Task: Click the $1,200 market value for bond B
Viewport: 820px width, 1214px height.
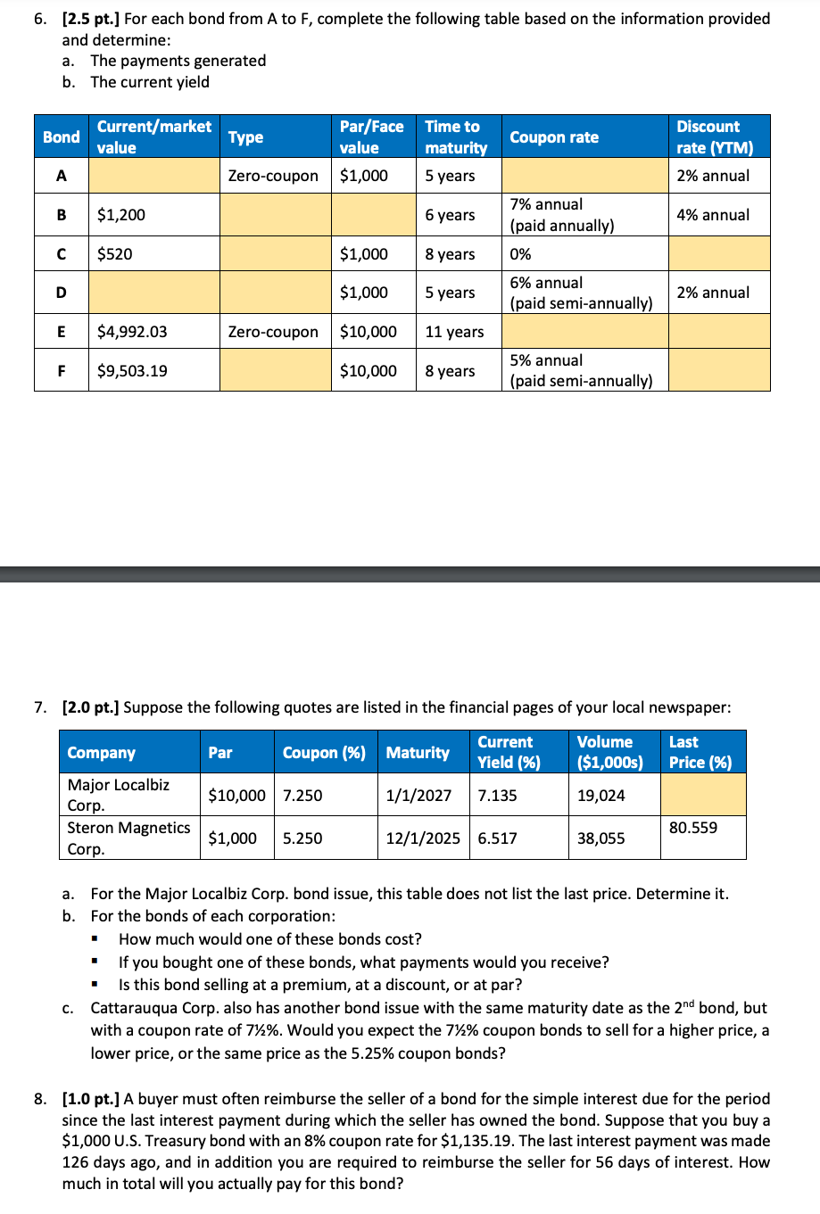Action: point(121,215)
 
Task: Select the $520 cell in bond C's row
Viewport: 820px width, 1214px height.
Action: point(115,254)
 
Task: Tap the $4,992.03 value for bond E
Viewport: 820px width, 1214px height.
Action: point(132,332)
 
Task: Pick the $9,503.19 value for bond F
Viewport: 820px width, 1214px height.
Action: point(132,371)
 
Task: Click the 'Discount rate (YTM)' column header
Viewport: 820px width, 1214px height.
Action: point(715,137)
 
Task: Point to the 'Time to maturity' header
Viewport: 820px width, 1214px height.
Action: point(456,137)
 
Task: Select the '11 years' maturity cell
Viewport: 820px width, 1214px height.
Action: point(454,332)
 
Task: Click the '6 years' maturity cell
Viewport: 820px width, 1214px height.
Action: point(450,215)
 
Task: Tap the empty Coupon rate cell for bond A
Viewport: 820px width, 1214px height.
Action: point(584,176)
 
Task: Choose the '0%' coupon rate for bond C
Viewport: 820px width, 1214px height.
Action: point(520,254)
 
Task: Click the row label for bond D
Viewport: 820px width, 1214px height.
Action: point(61,293)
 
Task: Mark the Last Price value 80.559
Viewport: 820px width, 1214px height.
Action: point(693,828)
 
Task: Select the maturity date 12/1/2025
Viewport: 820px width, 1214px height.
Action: point(423,838)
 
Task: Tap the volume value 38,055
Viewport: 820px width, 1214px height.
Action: point(601,838)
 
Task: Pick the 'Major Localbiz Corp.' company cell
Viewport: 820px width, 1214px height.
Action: point(119,795)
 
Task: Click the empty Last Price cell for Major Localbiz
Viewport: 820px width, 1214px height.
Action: point(702,795)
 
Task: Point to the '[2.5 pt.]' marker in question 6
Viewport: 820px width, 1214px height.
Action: point(91,19)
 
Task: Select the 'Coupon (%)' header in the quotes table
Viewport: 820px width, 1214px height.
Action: point(324,753)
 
